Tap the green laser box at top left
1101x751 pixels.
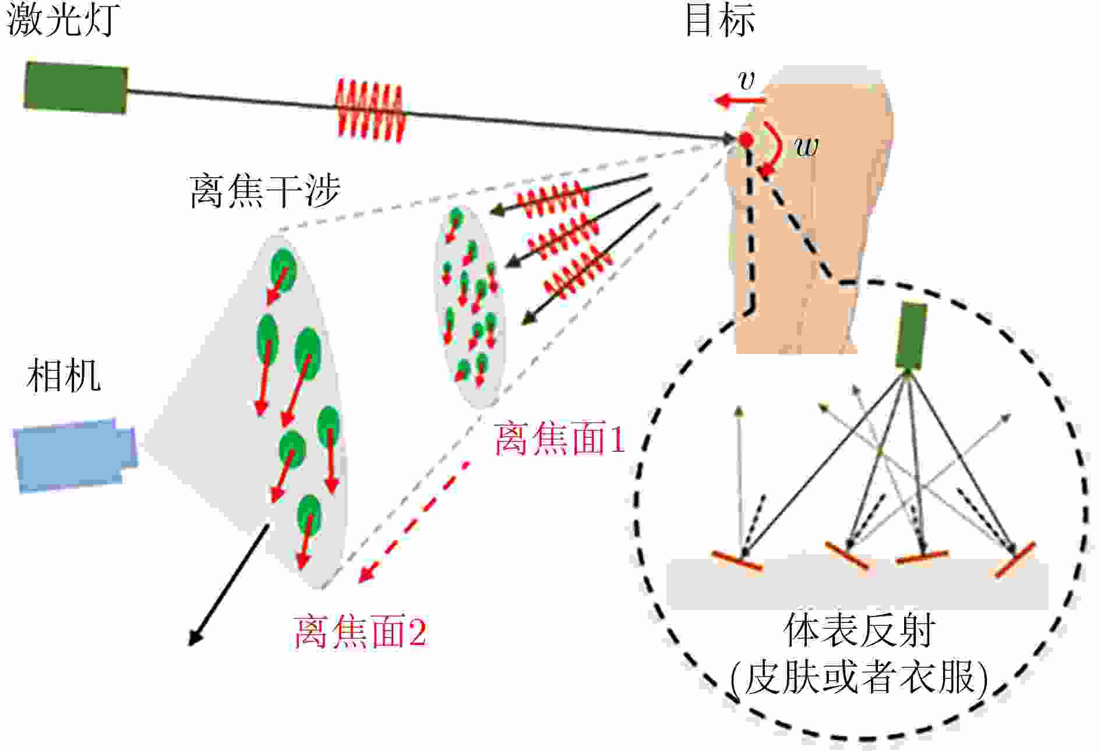tap(76, 87)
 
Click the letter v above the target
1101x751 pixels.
tap(746, 80)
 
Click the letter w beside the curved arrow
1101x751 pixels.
tap(807, 146)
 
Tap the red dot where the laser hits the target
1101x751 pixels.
tap(746, 140)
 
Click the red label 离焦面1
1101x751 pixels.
tap(559, 439)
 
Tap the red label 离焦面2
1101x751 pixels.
tap(360, 632)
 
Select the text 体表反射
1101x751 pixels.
tap(859, 630)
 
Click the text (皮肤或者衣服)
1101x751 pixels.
tap(859, 678)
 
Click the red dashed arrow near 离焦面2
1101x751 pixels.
tap(414, 521)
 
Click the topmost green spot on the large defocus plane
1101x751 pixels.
tap(283, 269)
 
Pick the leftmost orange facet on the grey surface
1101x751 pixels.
tap(737, 561)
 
